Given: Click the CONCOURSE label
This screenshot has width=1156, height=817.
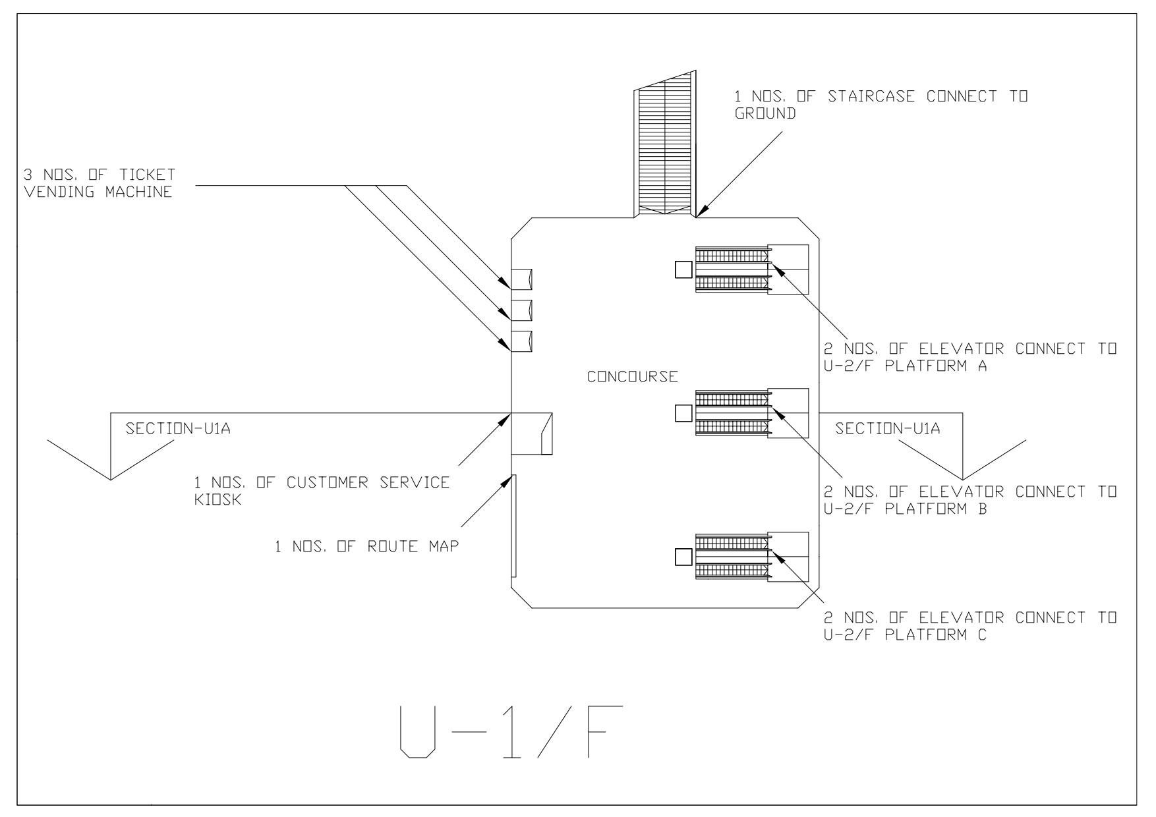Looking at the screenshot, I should coord(632,377).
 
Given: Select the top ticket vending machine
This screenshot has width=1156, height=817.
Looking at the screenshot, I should coord(521,279).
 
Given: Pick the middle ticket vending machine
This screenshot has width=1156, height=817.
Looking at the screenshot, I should coord(521,310).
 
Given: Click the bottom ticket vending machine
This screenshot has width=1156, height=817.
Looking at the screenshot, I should coord(521,341).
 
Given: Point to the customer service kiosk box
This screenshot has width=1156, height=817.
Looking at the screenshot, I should coord(531,434).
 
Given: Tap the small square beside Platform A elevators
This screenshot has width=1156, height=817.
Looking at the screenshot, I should coord(683,269).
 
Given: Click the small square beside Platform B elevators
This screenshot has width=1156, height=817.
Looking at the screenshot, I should coord(683,413).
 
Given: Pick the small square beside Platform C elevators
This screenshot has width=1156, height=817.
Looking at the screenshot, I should coord(683,557).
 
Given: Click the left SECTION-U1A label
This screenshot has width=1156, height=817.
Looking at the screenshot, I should coord(178,429).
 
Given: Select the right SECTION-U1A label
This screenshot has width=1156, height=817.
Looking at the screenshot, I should coord(887,429).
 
